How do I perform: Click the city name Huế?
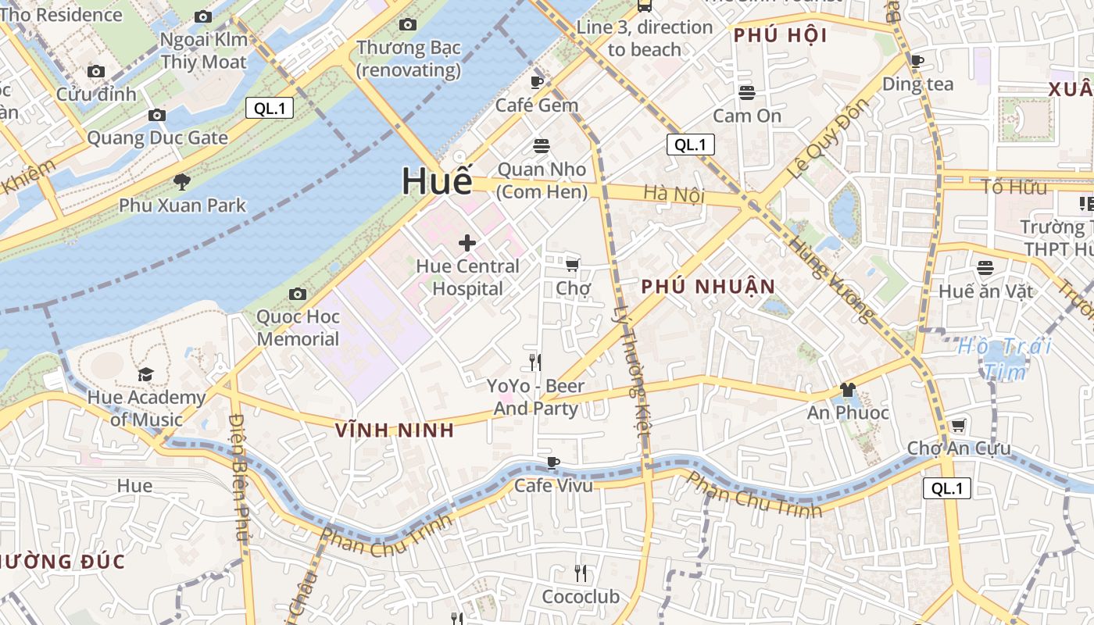tap(438, 181)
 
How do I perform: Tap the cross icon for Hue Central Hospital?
tap(467, 243)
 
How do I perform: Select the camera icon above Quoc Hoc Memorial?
tap(297, 295)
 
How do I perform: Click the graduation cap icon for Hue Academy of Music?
tap(146, 375)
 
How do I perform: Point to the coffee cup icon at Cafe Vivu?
tap(553, 462)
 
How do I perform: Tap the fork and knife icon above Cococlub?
tap(580, 573)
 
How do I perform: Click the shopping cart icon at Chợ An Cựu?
tap(958, 426)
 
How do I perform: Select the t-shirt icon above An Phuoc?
tap(847, 389)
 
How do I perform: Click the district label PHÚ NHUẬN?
tap(708, 287)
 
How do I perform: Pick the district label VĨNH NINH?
tap(395, 430)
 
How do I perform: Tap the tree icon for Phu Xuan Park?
tap(182, 182)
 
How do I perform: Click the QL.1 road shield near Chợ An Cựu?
tap(946, 488)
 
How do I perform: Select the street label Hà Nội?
tap(674, 194)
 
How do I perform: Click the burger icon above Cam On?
tap(747, 92)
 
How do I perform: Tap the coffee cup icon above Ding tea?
tap(917, 60)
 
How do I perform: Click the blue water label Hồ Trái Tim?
tap(1005, 358)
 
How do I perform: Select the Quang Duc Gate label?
tap(157, 138)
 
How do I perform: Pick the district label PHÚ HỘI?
tap(780, 35)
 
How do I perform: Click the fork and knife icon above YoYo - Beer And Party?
tap(535, 362)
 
